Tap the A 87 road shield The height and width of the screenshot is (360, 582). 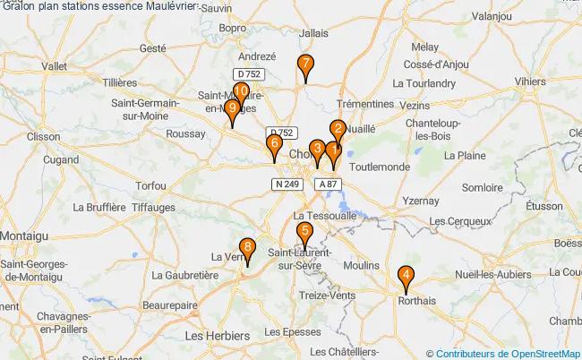329,184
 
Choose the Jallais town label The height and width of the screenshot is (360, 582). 314,33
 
